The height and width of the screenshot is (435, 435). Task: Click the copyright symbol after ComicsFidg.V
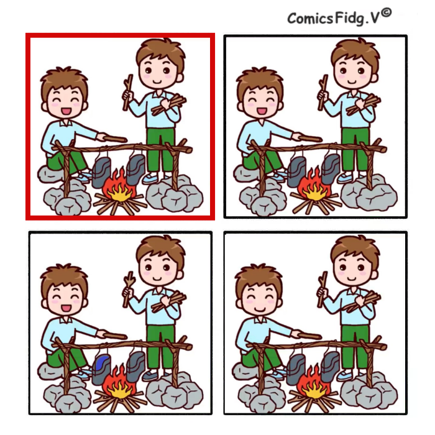point(386,13)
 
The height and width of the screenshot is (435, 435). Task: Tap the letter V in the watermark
point(375,19)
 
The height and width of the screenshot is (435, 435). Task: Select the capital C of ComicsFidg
point(293,19)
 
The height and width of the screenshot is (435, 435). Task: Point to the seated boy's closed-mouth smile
point(259,308)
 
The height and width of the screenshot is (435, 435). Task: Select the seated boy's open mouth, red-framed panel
point(66,111)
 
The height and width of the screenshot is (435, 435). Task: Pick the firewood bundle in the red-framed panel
point(168,105)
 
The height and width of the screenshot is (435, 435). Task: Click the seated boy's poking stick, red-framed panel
point(114,138)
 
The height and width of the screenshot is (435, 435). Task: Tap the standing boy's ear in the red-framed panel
point(180,78)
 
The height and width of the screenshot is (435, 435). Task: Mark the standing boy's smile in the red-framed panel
point(157,82)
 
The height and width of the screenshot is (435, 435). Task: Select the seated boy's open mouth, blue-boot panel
point(66,308)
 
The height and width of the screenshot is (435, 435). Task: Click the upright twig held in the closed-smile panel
point(322,288)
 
